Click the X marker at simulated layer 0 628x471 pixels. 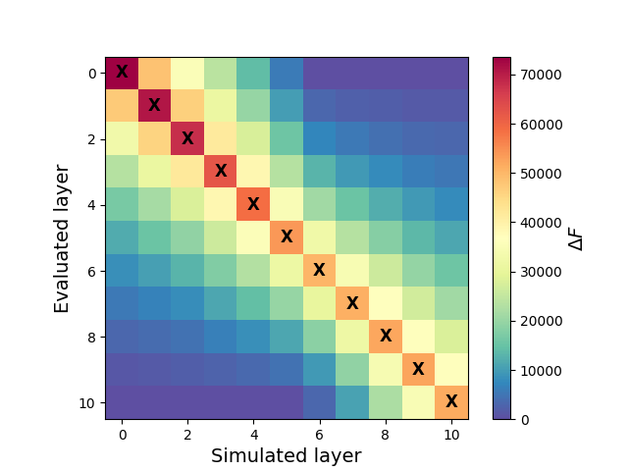[122, 72]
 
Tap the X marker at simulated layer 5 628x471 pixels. [287, 236]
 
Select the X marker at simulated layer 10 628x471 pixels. [451, 401]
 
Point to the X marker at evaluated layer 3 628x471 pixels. [221, 171]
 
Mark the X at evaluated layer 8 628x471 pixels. [386, 336]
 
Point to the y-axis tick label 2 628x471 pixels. [91, 138]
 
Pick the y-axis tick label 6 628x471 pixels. [91, 270]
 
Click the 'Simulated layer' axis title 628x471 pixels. [287, 455]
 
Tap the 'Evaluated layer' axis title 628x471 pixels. [63, 237]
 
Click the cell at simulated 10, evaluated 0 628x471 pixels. [451, 73]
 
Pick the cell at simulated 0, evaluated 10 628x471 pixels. [122, 402]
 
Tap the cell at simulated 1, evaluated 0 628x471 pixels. [155, 73]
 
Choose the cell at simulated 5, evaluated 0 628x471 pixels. [287, 73]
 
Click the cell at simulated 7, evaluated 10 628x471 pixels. [352, 402]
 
